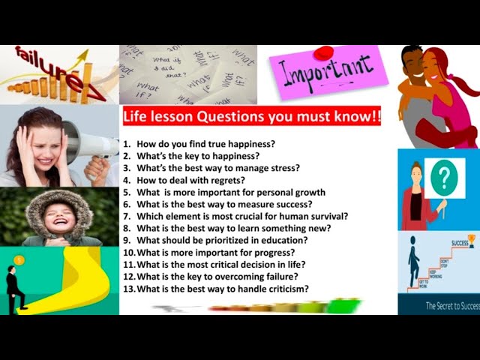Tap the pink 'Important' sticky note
326,73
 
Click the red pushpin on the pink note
324,53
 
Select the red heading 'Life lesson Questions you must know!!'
251,116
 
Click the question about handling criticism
222,289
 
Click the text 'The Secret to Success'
451,305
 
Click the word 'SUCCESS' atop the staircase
459,243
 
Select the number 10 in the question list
128,252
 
